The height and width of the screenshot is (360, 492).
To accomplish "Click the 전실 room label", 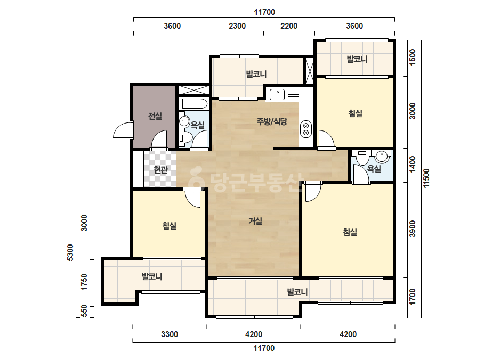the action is click(x=155, y=116).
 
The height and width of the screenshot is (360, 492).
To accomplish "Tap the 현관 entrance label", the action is click(x=160, y=170).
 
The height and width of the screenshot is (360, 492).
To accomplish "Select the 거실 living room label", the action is click(x=255, y=221).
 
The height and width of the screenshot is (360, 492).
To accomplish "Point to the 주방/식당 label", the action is click(x=272, y=121).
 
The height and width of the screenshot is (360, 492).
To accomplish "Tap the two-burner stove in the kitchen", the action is click(x=305, y=129).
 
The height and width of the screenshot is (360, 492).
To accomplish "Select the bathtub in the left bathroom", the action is click(x=193, y=104).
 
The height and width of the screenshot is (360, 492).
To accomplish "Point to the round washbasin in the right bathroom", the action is click(x=382, y=156).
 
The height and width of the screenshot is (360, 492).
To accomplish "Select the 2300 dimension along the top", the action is click(x=237, y=26).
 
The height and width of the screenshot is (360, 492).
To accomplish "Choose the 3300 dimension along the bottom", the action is click(x=170, y=334).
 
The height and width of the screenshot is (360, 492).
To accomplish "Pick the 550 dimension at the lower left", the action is click(x=84, y=311).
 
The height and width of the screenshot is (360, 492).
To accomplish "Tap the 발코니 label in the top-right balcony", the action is click(x=357, y=59).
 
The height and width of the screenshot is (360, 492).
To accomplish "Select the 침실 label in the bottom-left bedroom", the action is click(x=170, y=225).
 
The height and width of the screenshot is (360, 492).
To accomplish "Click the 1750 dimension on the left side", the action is click(x=84, y=282).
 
